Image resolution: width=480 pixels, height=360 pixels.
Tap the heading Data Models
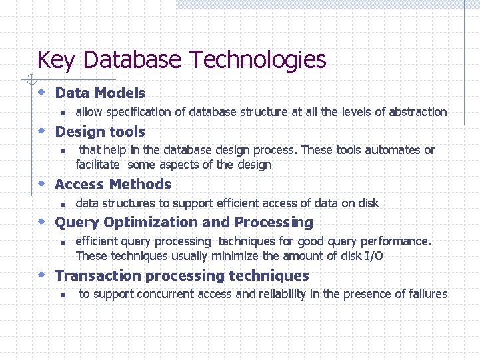[x=100, y=93]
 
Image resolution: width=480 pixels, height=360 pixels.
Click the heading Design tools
[x=100, y=132]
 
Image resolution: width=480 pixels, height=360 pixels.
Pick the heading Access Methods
[x=113, y=185]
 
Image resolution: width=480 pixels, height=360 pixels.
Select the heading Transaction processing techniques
[x=182, y=276]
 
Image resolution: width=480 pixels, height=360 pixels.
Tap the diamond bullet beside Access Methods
[x=41, y=183]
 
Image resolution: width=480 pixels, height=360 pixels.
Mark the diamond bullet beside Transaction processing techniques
[x=41, y=274]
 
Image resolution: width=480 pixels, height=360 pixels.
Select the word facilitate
[x=98, y=165]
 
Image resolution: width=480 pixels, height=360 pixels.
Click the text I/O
[x=373, y=256]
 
